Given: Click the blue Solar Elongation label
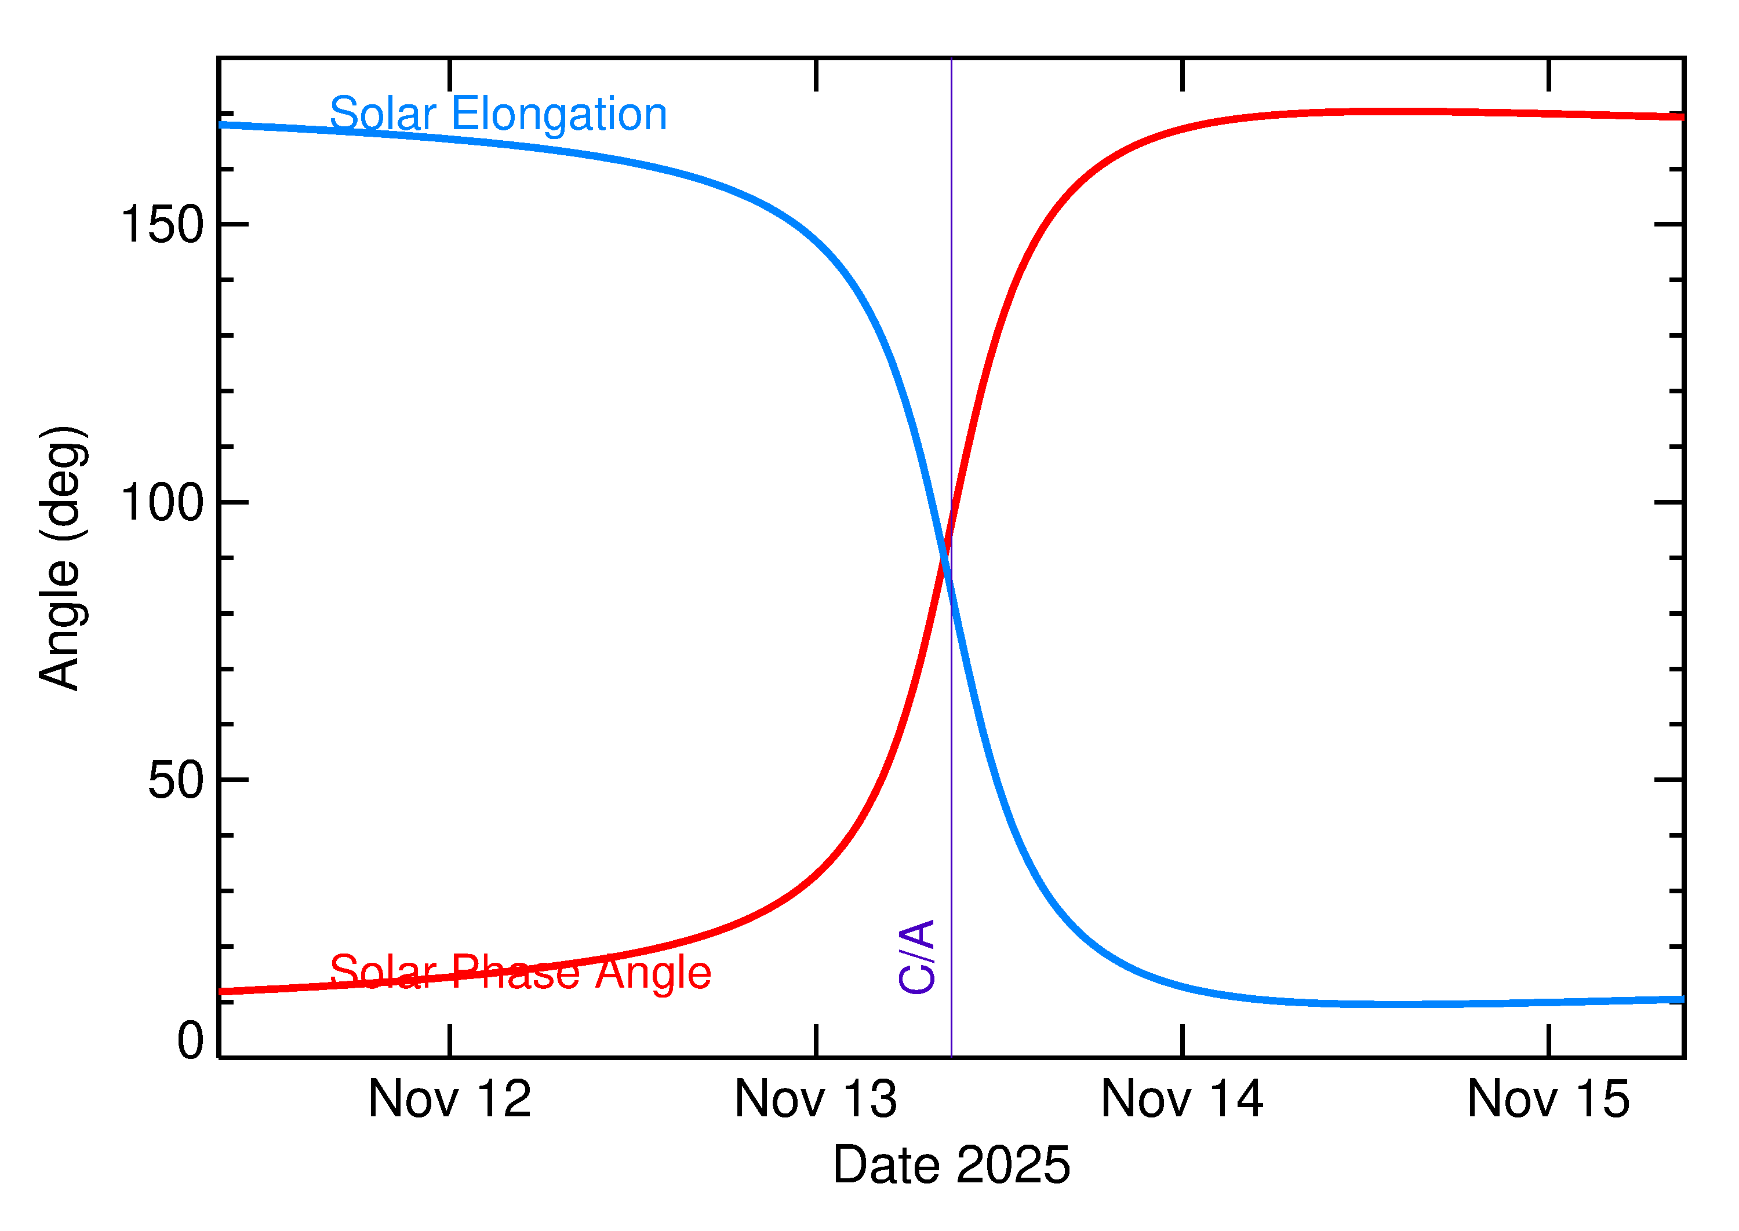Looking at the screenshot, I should pos(497,115).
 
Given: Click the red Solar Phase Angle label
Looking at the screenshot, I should pos(521,973).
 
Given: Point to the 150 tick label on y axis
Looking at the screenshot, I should pos(162,225).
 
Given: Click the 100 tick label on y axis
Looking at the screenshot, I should pos(162,503).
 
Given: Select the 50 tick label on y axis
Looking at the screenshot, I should pos(176,780).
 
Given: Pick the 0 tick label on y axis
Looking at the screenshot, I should pos(190,1041).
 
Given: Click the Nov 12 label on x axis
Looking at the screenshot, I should pos(450,1099).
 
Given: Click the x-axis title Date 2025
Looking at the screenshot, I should pos(951,1165).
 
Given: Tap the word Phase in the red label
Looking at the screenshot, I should pos(516,973).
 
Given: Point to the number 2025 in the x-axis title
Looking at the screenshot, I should pos(1013,1165).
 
